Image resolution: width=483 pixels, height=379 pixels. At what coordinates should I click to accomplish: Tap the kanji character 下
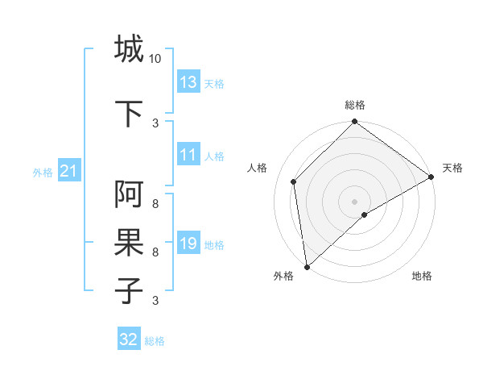point(129,114)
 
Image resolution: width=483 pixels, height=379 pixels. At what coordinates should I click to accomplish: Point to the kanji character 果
point(129,243)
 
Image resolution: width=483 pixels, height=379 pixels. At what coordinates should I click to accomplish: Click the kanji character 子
point(129,291)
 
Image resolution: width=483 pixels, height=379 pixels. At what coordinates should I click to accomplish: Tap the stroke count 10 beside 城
point(155,59)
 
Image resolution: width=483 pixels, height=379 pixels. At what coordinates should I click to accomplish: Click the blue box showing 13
point(188,82)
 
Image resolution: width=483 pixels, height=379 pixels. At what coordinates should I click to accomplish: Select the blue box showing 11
point(188,156)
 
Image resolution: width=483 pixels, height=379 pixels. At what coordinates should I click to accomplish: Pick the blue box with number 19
point(188,244)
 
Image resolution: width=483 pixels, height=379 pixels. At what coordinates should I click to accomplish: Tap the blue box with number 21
point(68,171)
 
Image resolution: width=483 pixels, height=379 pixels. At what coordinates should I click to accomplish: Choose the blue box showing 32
point(129,340)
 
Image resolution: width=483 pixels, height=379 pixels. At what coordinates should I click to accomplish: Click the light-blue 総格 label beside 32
point(155,341)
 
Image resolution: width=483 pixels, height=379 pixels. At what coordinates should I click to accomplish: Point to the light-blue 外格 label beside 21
point(43,172)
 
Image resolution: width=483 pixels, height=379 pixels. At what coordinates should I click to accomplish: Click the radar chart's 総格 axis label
point(355,105)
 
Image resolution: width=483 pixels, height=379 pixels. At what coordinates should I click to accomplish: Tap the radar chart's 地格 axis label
point(422,276)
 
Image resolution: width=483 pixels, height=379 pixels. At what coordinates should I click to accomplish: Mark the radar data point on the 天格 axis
point(431,177)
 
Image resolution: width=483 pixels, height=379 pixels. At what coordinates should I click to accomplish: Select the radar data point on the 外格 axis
point(307,266)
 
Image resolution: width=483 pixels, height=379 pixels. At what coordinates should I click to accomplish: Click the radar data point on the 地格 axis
point(365,214)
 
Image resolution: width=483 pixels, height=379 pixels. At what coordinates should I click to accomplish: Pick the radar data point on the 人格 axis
point(294,181)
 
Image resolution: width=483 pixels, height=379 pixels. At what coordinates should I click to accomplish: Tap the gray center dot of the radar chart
point(355,201)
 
